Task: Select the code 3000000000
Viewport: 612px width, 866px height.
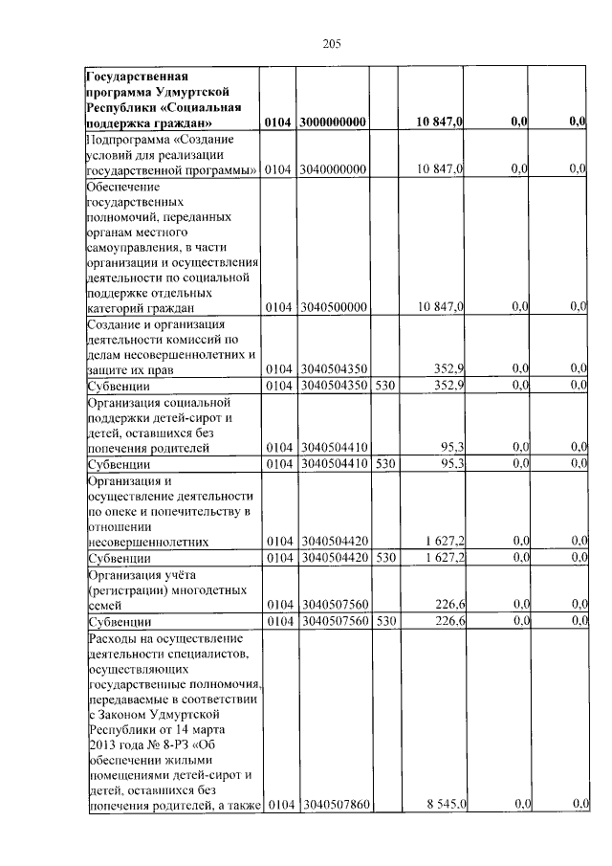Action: [334, 122]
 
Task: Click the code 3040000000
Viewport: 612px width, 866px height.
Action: [334, 168]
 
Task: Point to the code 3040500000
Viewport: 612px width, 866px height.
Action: [334, 306]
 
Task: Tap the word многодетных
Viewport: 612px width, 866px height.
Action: [211, 588]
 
